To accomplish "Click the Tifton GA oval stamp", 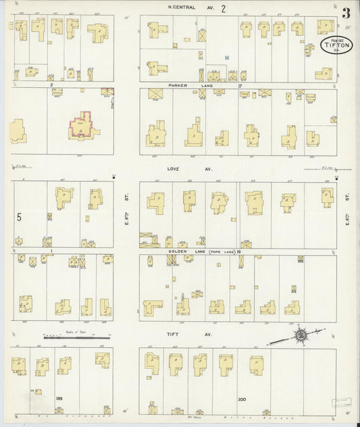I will tap(331, 47).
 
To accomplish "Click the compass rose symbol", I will tap(300, 334).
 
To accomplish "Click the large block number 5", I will tap(20, 218).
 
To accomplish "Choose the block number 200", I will tap(242, 400).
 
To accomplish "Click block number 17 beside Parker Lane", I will tap(239, 86).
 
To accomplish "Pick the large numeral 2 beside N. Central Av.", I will tap(222, 8).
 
